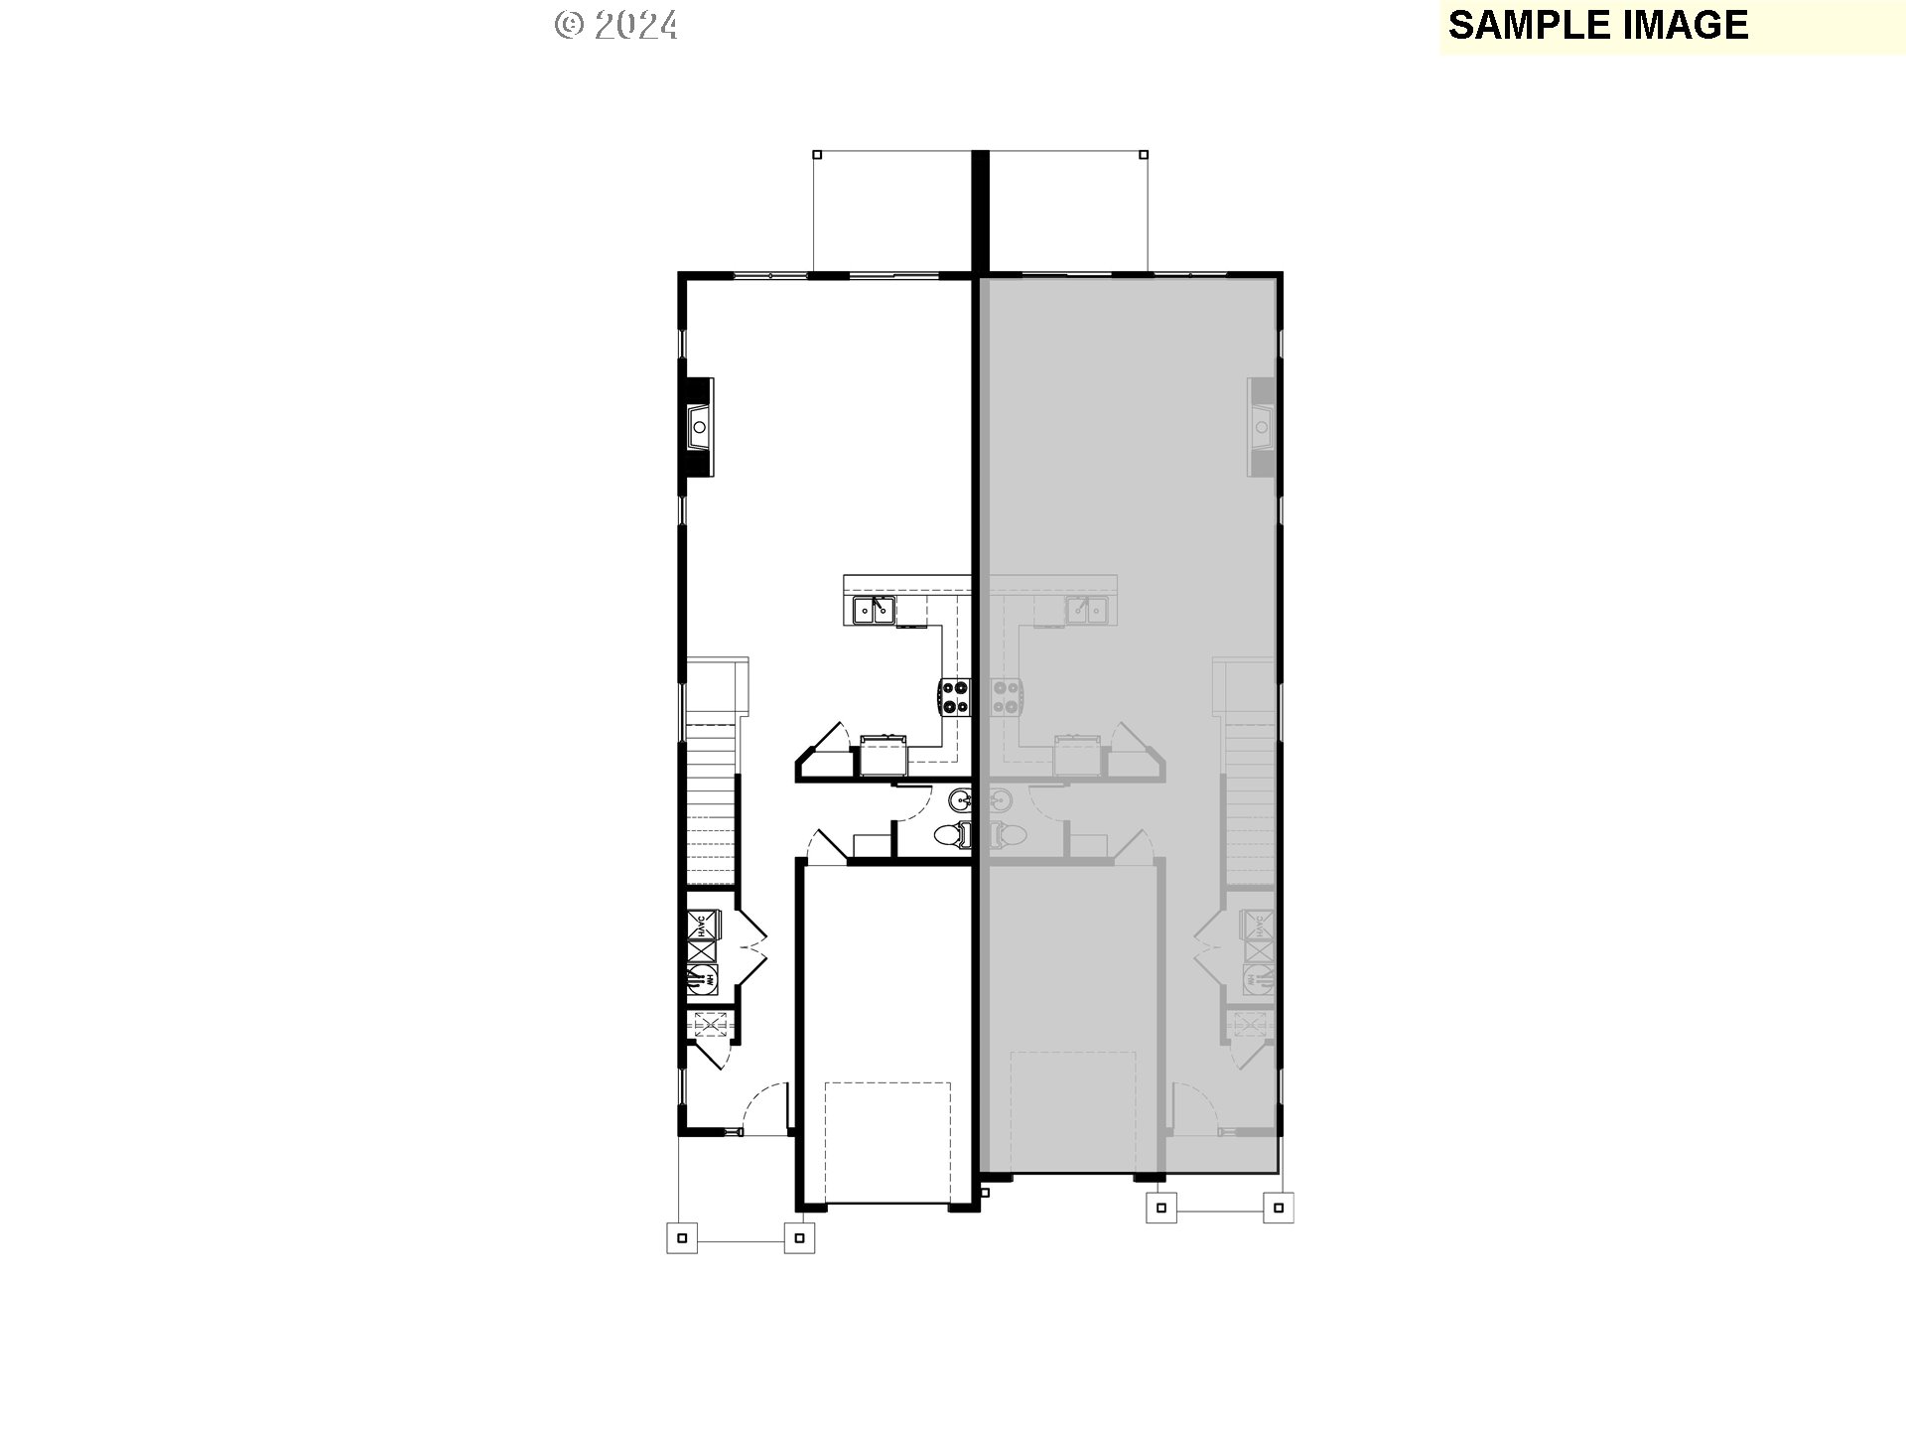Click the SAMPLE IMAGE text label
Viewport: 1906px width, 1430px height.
pyautogui.click(x=1597, y=25)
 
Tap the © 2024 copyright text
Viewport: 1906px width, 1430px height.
pyautogui.click(x=616, y=25)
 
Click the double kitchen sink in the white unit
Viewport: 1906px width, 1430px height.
pyautogui.click(x=874, y=609)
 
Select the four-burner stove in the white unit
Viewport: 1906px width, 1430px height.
pyautogui.click(x=955, y=696)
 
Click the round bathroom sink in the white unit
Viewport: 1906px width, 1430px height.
pyautogui.click(x=960, y=798)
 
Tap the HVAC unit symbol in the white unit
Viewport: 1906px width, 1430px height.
pyautogui.click(x=703, y=927)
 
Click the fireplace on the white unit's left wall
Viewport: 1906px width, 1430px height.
pyautogui.click(x=699, y=427)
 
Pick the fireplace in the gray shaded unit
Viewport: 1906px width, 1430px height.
pyautogui.click(x=1262, y=427)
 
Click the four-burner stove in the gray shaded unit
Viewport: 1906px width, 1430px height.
pyautogui.click(x=1007, y=696)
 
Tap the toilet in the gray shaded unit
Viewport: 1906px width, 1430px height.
pyautogui.click(x=1007, y=835)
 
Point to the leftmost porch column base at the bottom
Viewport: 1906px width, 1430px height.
pyautogui.click(x=681, y=1237)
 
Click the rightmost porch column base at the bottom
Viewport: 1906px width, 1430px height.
pyautogui.click(x=1279, y=1208)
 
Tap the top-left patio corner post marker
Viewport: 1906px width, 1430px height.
pyautogui.click(x=817, y=154)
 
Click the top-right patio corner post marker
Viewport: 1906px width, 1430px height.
pyautogui.click(x=1144, y=154)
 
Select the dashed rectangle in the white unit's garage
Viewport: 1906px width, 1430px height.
pyautogui.click(x=887, y=1142)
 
